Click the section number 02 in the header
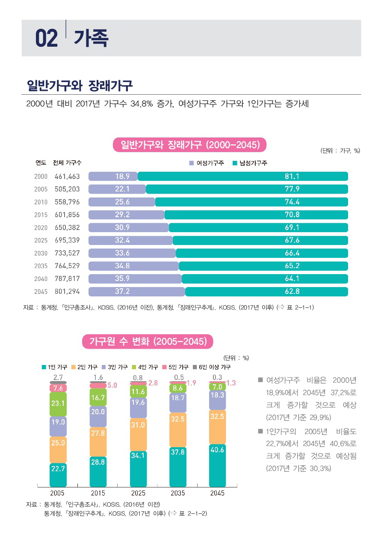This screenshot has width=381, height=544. pos(46,39)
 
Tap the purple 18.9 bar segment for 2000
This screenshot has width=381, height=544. pos(113,176)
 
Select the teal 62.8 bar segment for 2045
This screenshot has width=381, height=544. pos(266,292)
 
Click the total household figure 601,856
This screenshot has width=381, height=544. pos(67,215)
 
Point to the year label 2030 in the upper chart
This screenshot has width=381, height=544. pos(41,253)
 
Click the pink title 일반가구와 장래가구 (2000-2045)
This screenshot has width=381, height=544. pos(190,145)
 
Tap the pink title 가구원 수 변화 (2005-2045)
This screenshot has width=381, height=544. pos(148,341)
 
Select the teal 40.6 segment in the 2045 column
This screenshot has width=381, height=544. pos(218,465)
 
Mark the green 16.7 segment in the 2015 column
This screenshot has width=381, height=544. pos(98,398)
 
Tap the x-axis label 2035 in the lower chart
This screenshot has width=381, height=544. pos(177,493)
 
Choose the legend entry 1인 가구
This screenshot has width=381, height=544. pos(54,367)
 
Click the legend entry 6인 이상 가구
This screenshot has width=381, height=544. pos(212,367)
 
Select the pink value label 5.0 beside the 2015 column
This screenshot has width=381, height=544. pos(112,386)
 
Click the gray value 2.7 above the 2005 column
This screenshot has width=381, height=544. pos(58,377)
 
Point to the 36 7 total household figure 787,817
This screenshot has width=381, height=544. pos(67,279)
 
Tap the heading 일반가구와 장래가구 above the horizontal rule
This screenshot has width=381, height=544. pos(80,85)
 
